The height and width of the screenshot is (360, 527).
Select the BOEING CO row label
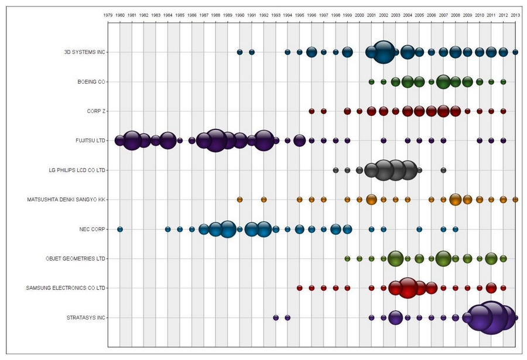[x=91, y=81]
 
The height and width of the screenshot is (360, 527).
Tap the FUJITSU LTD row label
[x=90, y=140]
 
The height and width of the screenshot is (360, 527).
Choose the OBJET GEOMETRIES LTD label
[x=76, y=259]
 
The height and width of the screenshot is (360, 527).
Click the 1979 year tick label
[x=108, y=14]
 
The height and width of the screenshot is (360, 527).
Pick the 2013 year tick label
[x=515, y=14]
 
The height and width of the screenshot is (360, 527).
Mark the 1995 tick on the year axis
[x=300, y=14]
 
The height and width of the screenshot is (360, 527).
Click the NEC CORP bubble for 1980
[x=120, y=229]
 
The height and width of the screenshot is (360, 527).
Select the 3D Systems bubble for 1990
[x=239, y=52]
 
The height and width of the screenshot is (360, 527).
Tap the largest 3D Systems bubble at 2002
[x=384, y=52]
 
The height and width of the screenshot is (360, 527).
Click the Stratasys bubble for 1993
[x=276, y=318]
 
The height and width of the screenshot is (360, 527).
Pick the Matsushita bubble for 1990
[x=239, y=200]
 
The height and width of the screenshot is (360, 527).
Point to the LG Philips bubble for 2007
[x=443, y=170]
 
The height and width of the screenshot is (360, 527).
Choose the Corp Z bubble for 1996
[x=312, y=111]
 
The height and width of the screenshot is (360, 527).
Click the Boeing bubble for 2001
[x=371, y=81]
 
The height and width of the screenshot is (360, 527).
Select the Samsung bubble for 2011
[x=491, y=288]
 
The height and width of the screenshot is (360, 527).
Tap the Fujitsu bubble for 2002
[x=384, y=140]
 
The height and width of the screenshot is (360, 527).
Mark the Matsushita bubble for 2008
[x=456, y=200]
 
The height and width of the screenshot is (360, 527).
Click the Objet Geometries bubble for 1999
[x=347, y=259]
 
